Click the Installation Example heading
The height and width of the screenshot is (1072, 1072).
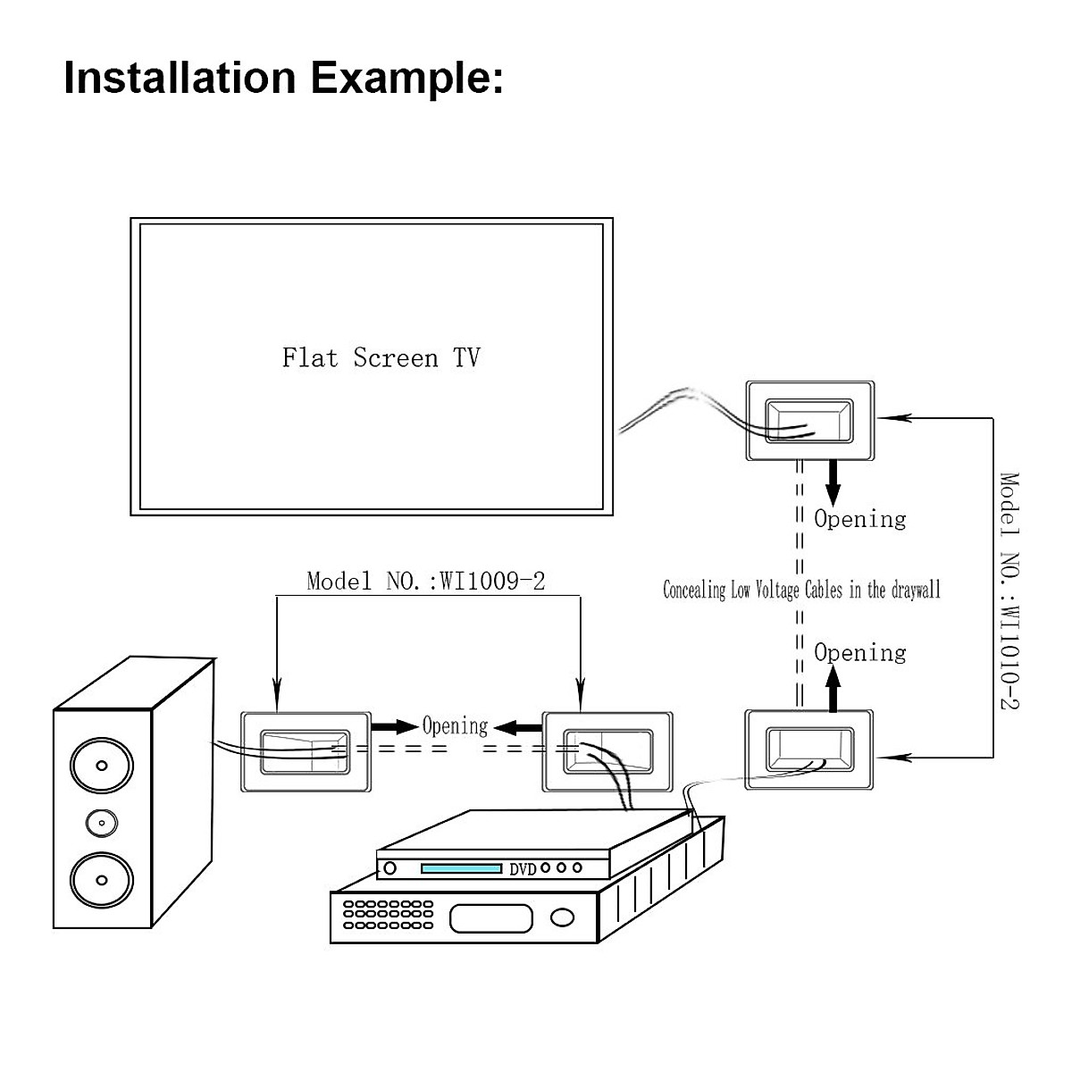coord(283,77)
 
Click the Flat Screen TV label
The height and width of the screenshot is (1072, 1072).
coord(381,358)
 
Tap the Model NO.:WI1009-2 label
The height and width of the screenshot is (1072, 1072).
coord(425,582)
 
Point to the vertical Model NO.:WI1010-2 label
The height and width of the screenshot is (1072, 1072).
coord(1009,590)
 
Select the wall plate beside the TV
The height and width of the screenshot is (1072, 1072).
coord(809,421)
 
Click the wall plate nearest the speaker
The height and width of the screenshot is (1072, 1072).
coord(306,750)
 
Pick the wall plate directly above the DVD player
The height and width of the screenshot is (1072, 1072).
coord(607,750)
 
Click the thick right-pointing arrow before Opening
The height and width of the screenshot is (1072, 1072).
coord(394,725)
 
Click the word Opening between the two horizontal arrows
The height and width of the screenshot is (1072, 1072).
coord(455,725)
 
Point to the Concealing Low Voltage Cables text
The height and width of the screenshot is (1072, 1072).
coord(801,590)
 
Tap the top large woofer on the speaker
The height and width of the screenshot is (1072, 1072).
coord(102,766)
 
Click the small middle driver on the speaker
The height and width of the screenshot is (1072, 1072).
coord(102,822)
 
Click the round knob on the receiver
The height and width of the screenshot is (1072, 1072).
coord(563,917)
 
